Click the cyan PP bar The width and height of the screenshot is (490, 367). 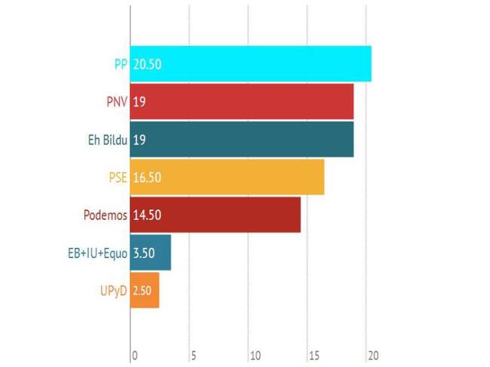(x=250, y=64)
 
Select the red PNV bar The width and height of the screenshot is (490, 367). (x=241, y=102)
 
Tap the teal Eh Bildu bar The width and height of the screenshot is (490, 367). (x=241, y=139)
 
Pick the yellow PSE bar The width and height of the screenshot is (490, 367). (x=227, y=177)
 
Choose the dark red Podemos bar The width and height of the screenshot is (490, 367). (x=216, y=215)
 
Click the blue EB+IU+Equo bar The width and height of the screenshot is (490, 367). (x=151, y=252)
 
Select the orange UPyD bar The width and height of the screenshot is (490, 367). (x=145, y=290)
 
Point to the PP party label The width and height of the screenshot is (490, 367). (x=121, y=64)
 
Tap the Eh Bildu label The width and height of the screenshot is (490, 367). (x=104, y=139)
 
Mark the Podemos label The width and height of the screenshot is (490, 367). (x=104, y=215)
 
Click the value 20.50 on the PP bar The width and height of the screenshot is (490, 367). (x=147, y=65)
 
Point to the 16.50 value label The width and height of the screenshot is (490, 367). (x=147, y=178)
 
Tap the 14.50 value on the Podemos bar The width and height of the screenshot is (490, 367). (x=147, y=216)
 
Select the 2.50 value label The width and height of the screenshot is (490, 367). (x=142, y=291)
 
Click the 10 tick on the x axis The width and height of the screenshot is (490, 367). (x=256, y=355)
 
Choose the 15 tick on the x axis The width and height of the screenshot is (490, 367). (x=313, y=355)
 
